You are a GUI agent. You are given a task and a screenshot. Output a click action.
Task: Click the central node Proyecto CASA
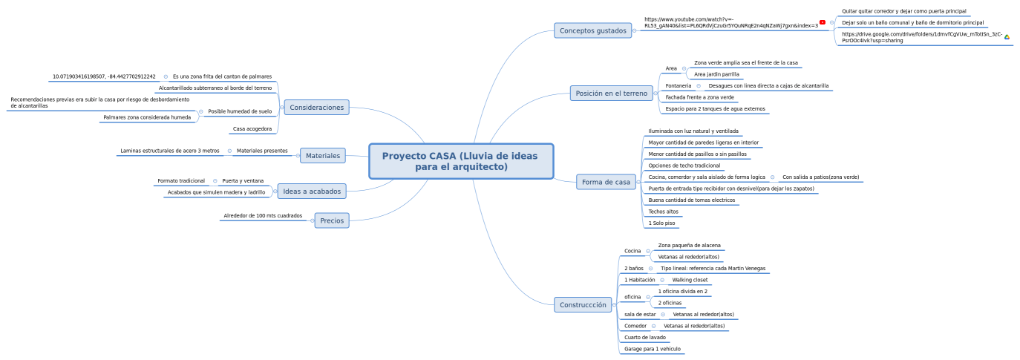(461, 161)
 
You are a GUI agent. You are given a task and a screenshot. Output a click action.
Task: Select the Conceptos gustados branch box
(593, 30)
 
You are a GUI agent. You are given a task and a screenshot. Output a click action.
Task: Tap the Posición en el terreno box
(611, 94)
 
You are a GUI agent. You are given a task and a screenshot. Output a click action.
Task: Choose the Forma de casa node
(606, 182)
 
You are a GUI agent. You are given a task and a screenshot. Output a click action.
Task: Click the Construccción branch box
(583, 305)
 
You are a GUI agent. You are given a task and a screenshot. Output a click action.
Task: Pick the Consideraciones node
(316, 108)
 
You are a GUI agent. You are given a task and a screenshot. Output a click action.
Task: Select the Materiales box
(323, 156)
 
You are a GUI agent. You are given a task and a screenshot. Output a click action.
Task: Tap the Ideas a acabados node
(312, 192)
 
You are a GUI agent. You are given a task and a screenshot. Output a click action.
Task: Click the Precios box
(332, 220)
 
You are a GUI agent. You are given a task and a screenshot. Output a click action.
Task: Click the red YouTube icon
(823, 22)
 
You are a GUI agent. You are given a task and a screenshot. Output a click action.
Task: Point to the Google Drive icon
(1007, 37)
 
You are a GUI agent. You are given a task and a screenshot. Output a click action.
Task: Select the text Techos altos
(664, 212)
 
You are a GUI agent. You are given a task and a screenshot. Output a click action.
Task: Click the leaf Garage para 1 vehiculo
(653, 349)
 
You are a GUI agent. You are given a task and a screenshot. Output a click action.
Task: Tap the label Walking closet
(690, 280)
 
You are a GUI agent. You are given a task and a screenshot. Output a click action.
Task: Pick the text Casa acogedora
(252, 129)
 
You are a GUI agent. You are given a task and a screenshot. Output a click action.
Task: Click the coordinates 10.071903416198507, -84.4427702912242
(104, 76)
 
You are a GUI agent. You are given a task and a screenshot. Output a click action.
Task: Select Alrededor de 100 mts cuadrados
(263, 216)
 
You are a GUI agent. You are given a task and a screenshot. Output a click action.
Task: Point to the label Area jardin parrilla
(716, 74)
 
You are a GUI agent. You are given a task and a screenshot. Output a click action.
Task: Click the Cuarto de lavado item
(645, 337)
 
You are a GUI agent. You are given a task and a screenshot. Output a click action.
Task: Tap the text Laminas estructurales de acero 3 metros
(170, 151)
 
